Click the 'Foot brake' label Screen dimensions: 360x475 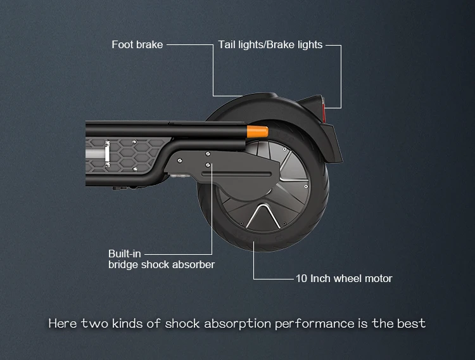point(137,45)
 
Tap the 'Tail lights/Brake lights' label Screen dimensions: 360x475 point(270,45)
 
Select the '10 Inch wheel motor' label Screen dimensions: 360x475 point(344,278)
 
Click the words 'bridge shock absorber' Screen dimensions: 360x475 point(161,264)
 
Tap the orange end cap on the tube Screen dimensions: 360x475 point(260,132)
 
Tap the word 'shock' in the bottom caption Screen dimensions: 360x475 point(182,324)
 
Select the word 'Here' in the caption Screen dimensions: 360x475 point(63,324)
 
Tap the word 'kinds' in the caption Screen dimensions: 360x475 point(127,324)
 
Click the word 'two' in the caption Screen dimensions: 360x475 point(95,324)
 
